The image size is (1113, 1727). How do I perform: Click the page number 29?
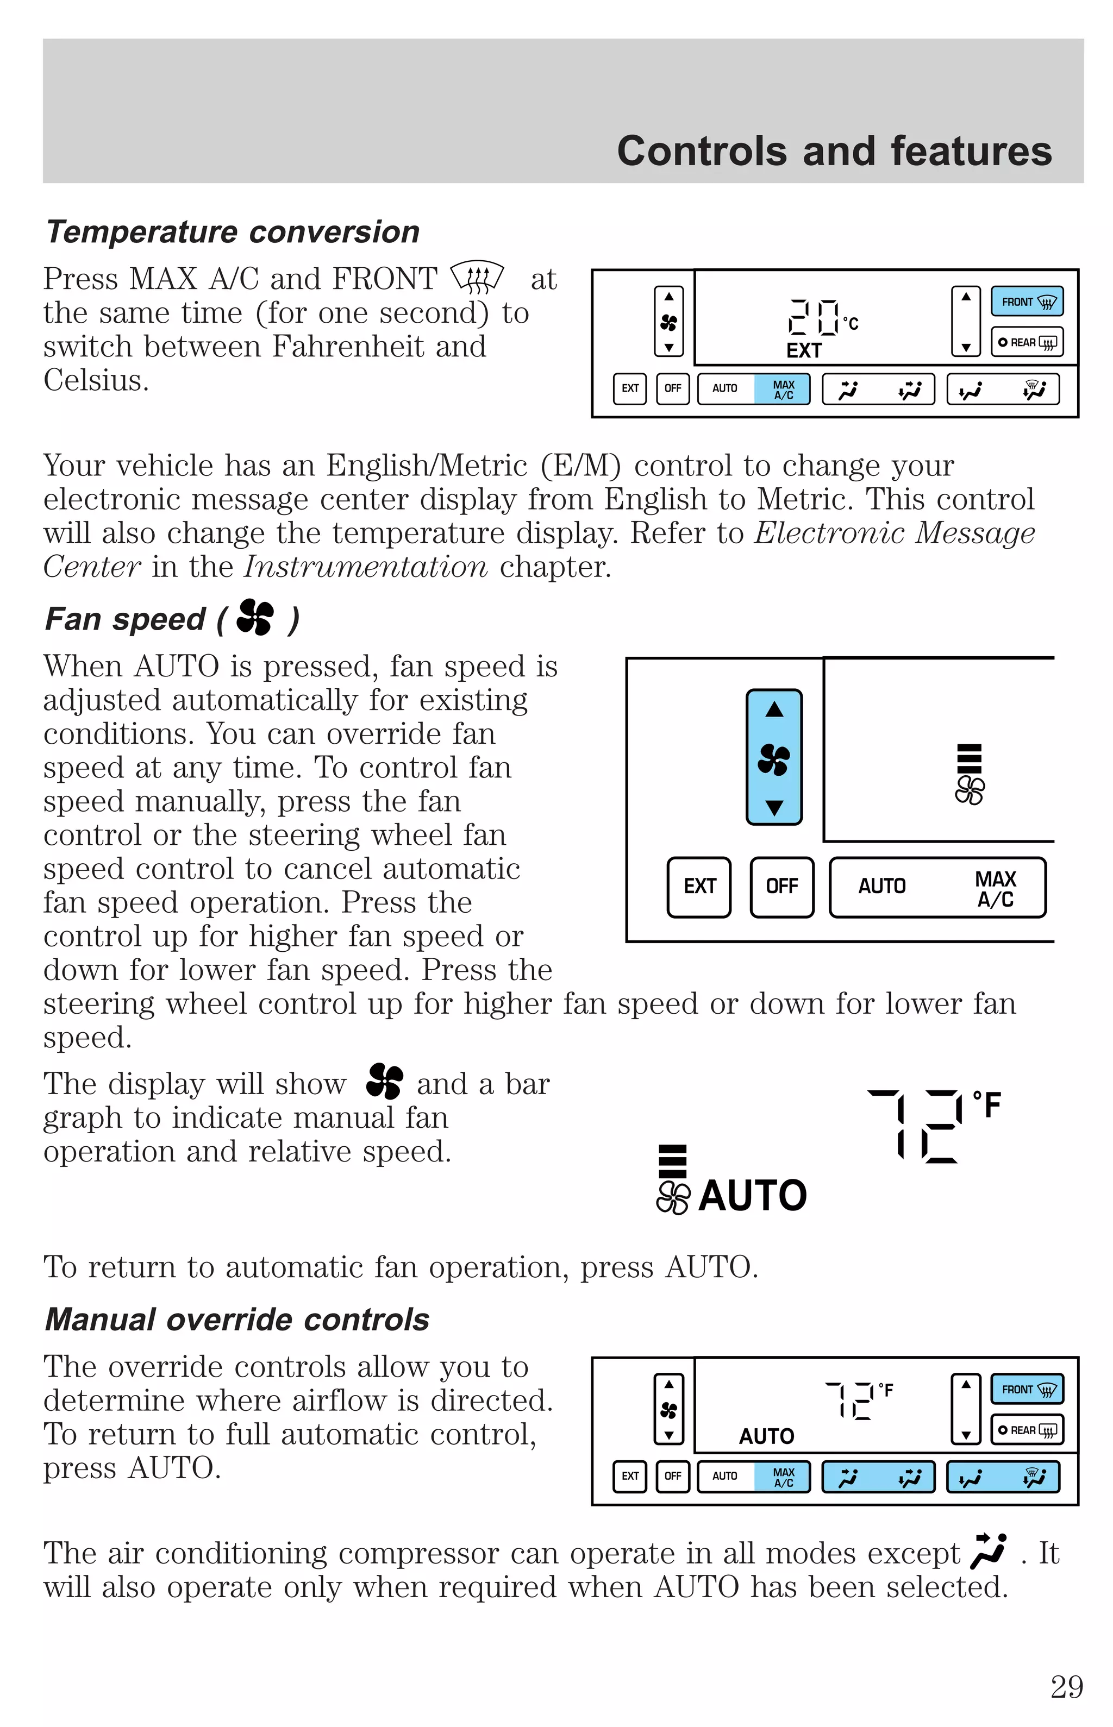pos(1066,1687)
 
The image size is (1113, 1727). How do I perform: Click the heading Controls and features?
pos(834,151)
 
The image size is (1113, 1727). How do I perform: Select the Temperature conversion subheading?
pos(232,232)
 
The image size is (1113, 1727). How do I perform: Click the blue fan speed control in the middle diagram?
pos(774,757)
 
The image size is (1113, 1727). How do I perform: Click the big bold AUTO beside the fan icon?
pos(752,1195)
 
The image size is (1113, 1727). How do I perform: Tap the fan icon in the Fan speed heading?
pos(255,618)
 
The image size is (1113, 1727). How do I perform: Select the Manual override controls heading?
pos(237,1320)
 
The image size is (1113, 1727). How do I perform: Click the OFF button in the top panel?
pos(672,388)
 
